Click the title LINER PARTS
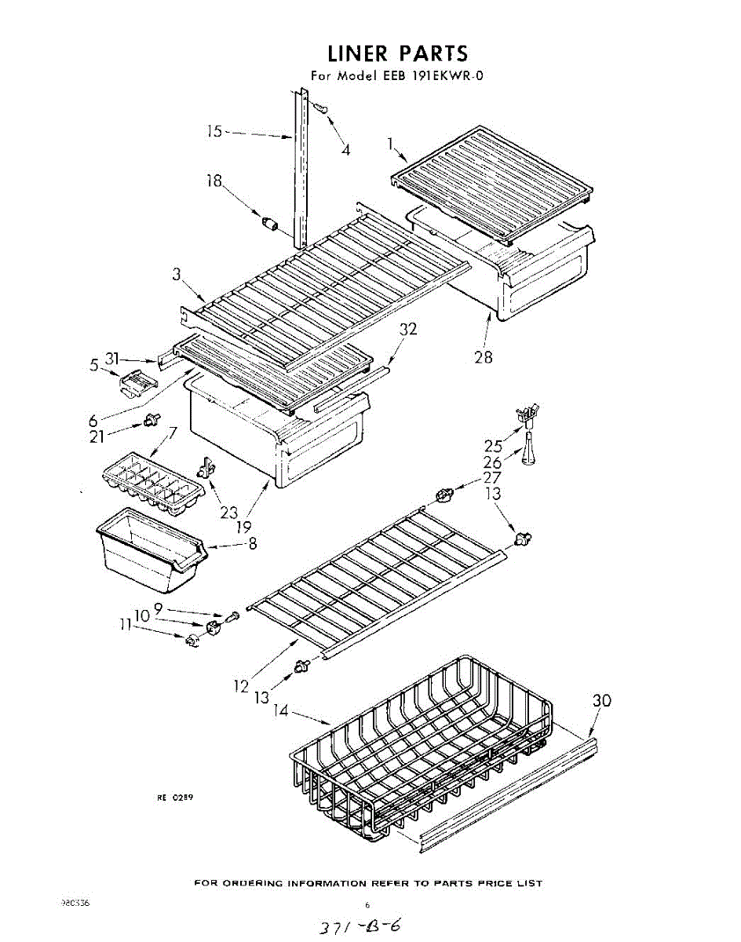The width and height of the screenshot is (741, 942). pos(397,53)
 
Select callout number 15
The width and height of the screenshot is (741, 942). pos(215,131)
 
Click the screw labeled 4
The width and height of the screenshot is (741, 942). pos(319,109)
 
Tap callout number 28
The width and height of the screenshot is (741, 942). pos(483,357)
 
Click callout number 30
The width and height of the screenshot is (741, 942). pos(601,701)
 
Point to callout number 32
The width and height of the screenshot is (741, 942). pos(407,330)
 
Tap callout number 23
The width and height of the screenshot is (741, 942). pos(228,513)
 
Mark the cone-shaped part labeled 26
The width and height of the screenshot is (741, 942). pos(527,453)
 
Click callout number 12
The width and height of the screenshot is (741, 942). pos(241,686)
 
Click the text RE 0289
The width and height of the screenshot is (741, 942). pos(175,797)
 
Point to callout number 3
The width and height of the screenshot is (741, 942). pos(177,275)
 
